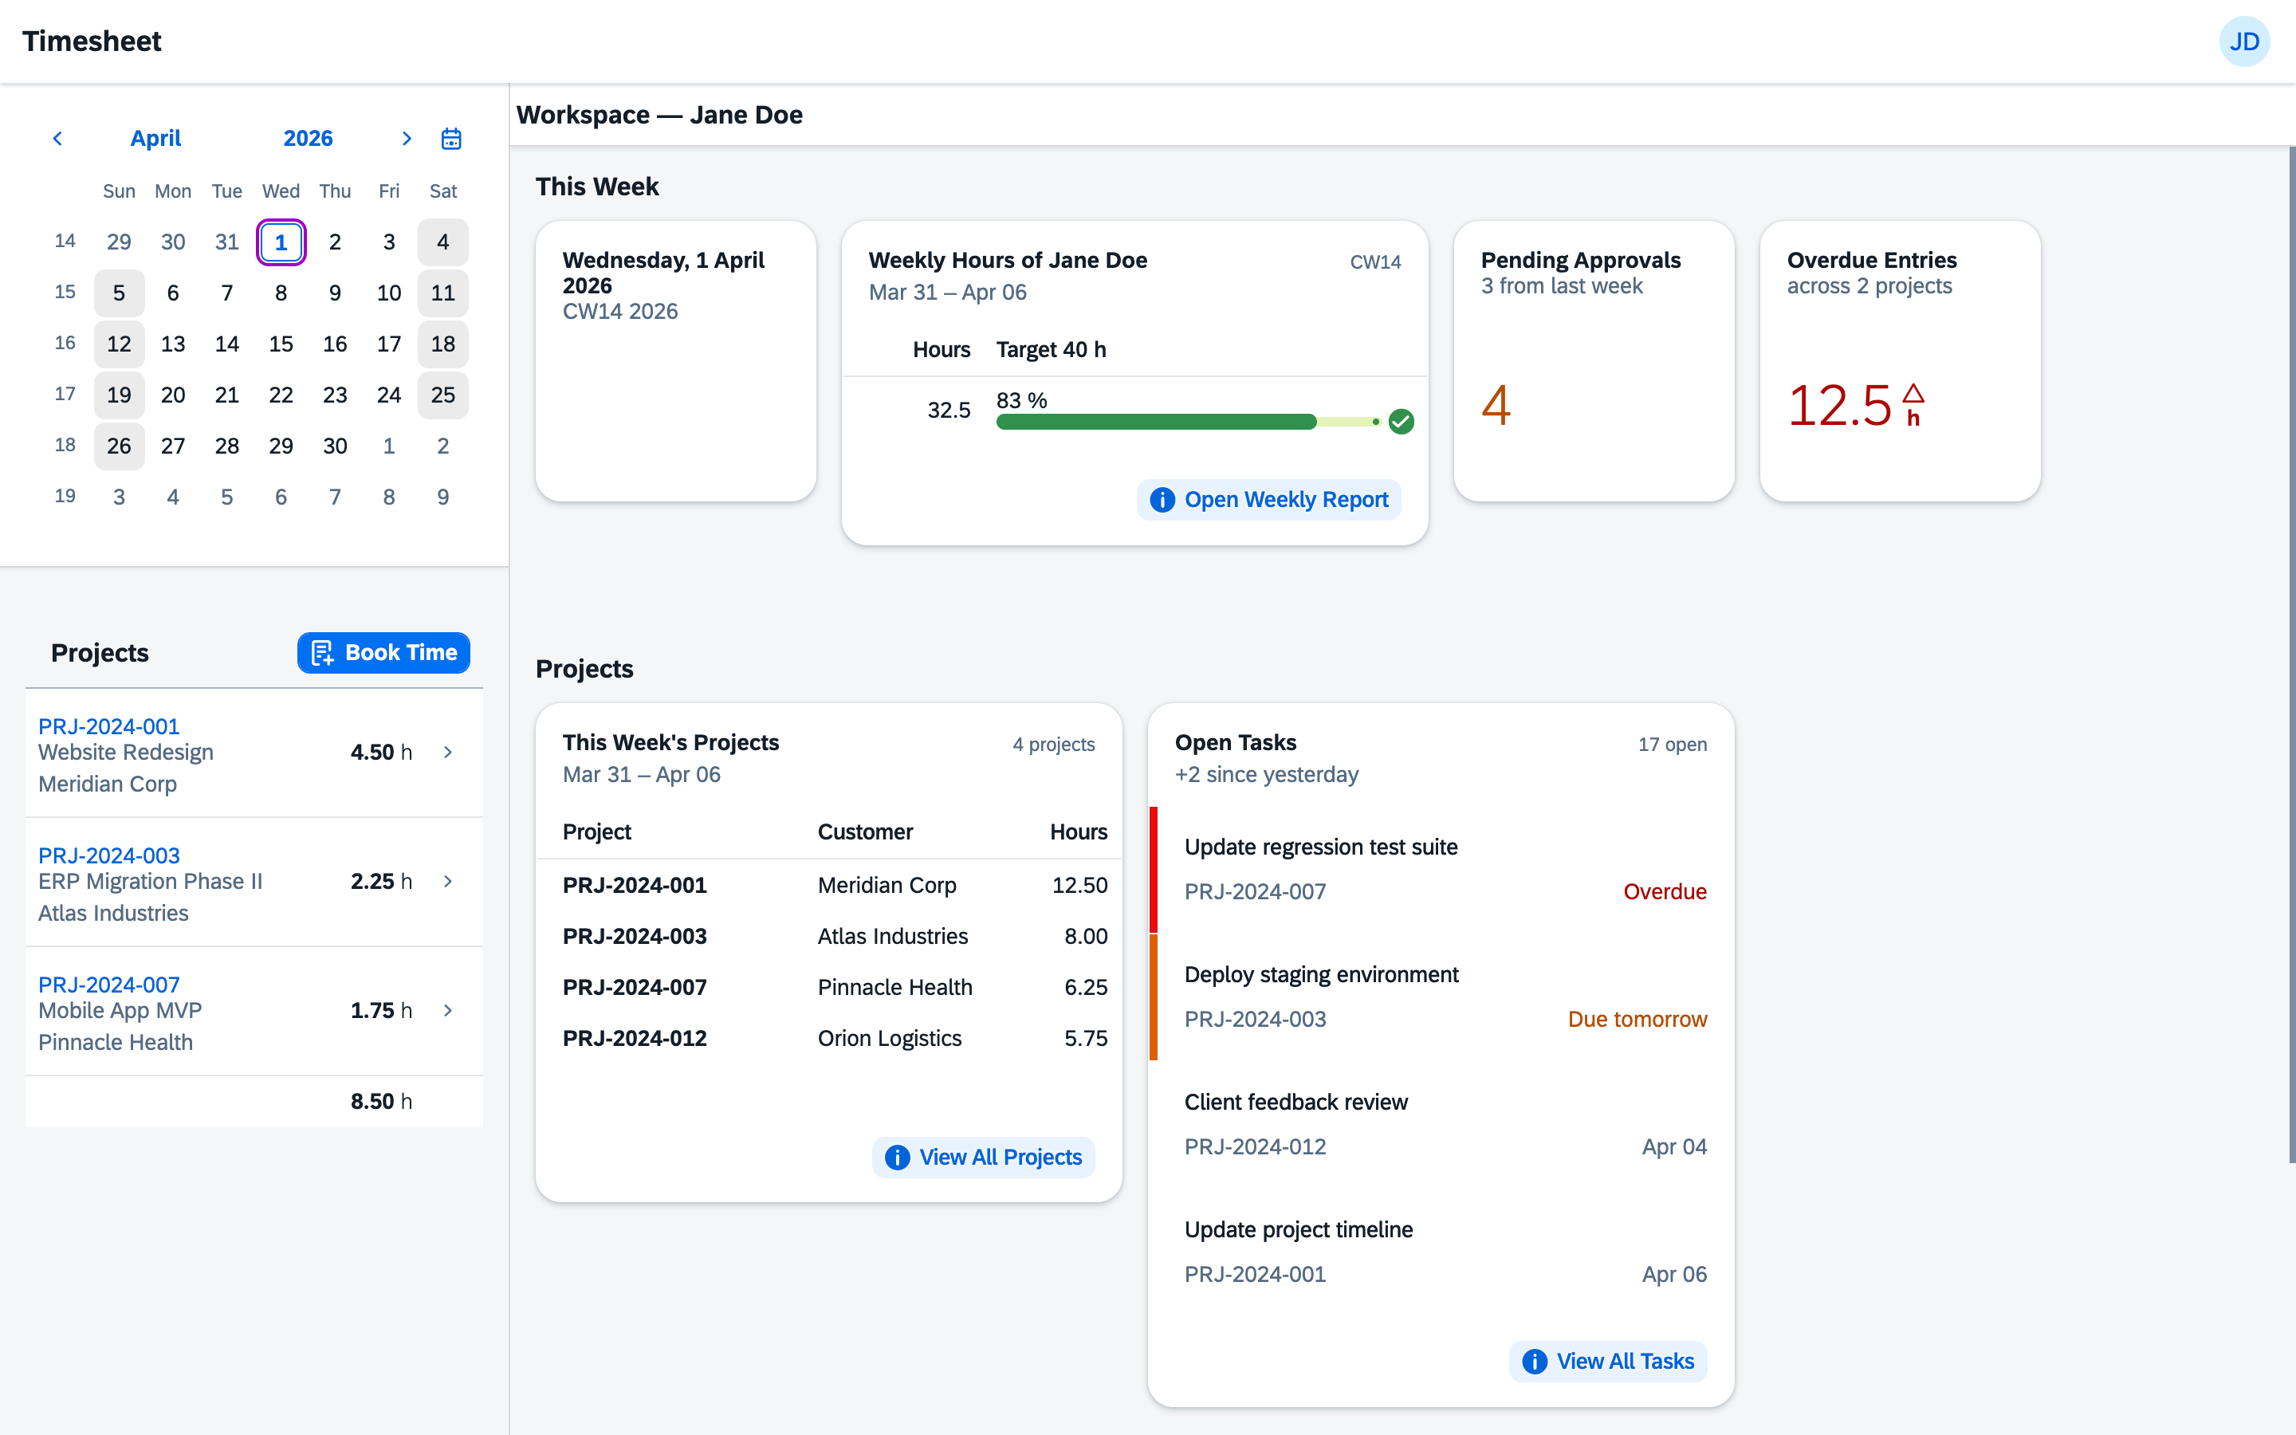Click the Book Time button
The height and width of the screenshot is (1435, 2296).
click(x=383, y=653)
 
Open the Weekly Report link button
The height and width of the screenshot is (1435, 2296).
click(x=1268, y=499)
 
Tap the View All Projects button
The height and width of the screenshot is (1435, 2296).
click(x=983, y=1157)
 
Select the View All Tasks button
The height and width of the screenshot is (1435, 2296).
click(x=1607, y=1361)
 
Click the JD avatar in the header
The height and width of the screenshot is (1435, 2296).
click(x=2244, y=41)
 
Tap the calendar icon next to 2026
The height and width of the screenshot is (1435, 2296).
click(x=451, y=139)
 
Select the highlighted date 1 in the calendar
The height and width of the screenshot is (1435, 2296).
click(x=281, y=242)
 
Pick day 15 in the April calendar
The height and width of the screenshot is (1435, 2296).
click(x=281, y=344)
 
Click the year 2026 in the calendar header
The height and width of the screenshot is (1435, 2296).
click(x=308, y=139)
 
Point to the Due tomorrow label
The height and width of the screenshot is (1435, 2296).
click(x=1637, y=1020)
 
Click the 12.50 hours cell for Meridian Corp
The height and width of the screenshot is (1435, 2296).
click(x=1079, y=886)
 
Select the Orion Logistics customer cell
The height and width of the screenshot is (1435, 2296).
click(x=889, y=1038)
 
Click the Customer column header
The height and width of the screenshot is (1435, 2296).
click(x=864, y=832)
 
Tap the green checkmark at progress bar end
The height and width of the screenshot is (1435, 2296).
click(x=1401, y=422)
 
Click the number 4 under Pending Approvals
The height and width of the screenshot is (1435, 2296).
click(x=1496, y=405)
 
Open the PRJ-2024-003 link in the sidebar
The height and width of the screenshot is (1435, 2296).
click(x=109, y=855)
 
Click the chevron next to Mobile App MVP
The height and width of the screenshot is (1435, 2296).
click(x=448, y=1011)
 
